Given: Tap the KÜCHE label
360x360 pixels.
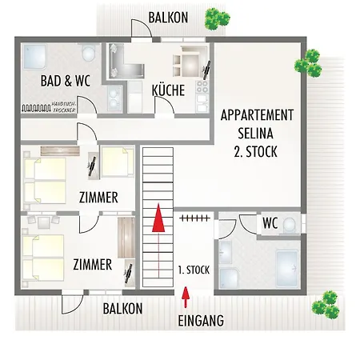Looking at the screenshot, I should pos(169,90).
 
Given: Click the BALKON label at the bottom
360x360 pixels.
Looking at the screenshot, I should pos(122,309).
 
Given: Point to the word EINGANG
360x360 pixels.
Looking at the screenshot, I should pos(199,321).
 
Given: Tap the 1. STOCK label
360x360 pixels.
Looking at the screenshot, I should pos(193,270).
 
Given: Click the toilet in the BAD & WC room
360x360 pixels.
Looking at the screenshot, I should pos(89,54).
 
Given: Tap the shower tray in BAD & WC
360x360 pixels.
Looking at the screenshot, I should pos(35,56).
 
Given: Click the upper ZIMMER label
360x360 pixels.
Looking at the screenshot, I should pos(99,197).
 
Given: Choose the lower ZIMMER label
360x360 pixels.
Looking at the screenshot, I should pos(92,264).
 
